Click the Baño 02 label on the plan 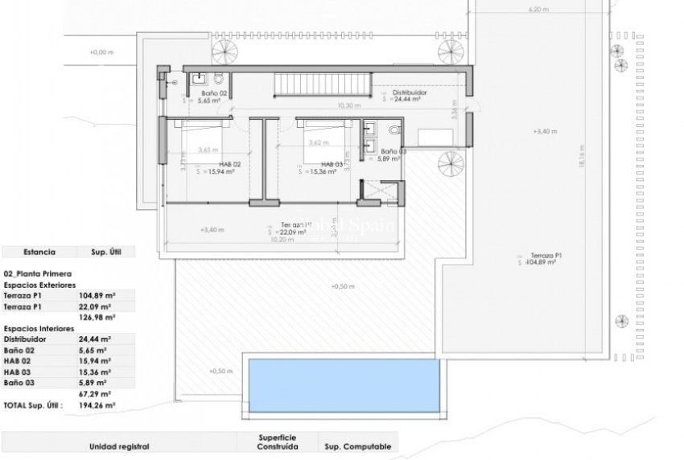(197, 94)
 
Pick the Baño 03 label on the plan (394, 151)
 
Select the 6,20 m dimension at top (538, 10)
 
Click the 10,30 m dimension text (348, 105)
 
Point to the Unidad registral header (119, 446)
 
